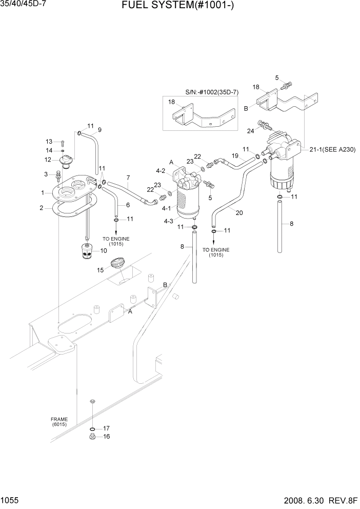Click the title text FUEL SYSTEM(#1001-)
(x=179, y=7)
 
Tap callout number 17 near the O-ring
(x=107, y=428)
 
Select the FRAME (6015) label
(x=59, y=422)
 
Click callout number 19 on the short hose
(x=235, y=155)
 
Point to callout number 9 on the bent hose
(x=99, y=129)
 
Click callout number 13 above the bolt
(x=49, y=142)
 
